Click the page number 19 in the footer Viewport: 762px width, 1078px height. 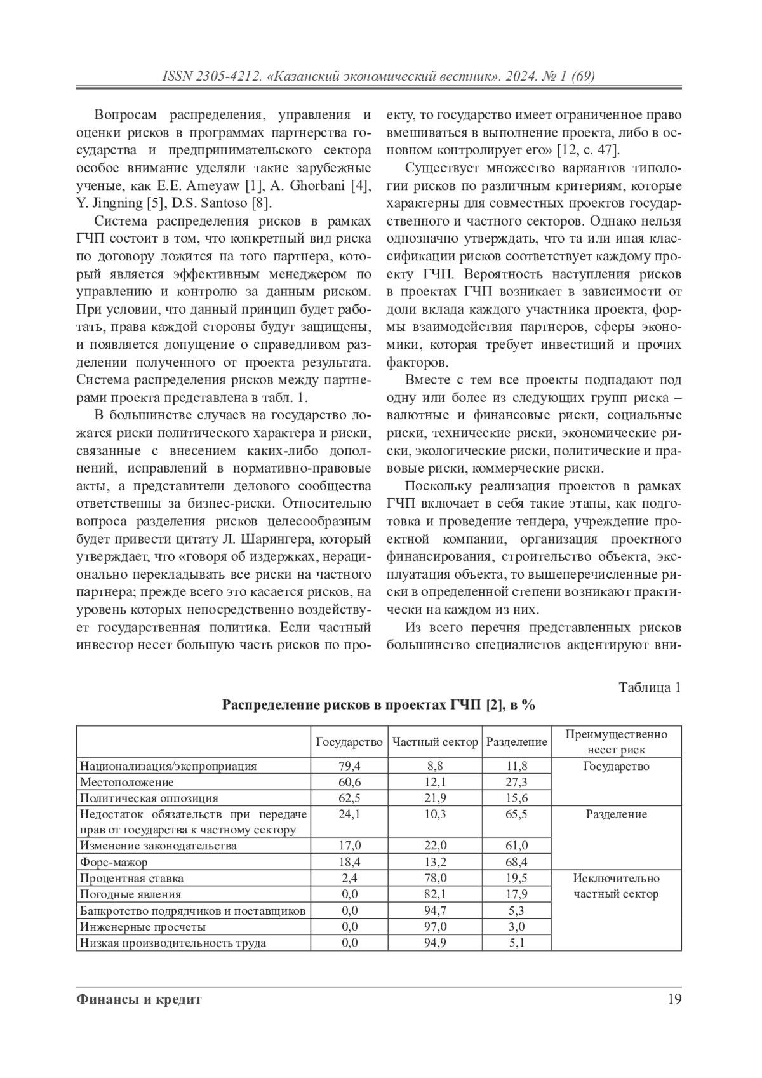(674, 999)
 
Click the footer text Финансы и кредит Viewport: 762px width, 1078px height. (139, 999)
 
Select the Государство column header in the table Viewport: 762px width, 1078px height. (349, 741)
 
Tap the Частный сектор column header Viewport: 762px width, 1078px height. (435, 741)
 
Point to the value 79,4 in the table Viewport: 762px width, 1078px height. (349, 766)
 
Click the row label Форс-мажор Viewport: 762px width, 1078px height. (114, 862)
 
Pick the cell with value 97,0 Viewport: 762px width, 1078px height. (435, 926)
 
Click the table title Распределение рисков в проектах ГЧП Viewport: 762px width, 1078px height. (378, 705)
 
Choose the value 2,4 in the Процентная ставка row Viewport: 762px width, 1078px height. (349, 878)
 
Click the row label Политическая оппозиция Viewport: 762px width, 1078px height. (149, 798)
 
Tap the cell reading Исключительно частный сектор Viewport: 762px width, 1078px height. (616, 886)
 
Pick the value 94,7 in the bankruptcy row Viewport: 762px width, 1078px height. (435, 910)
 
